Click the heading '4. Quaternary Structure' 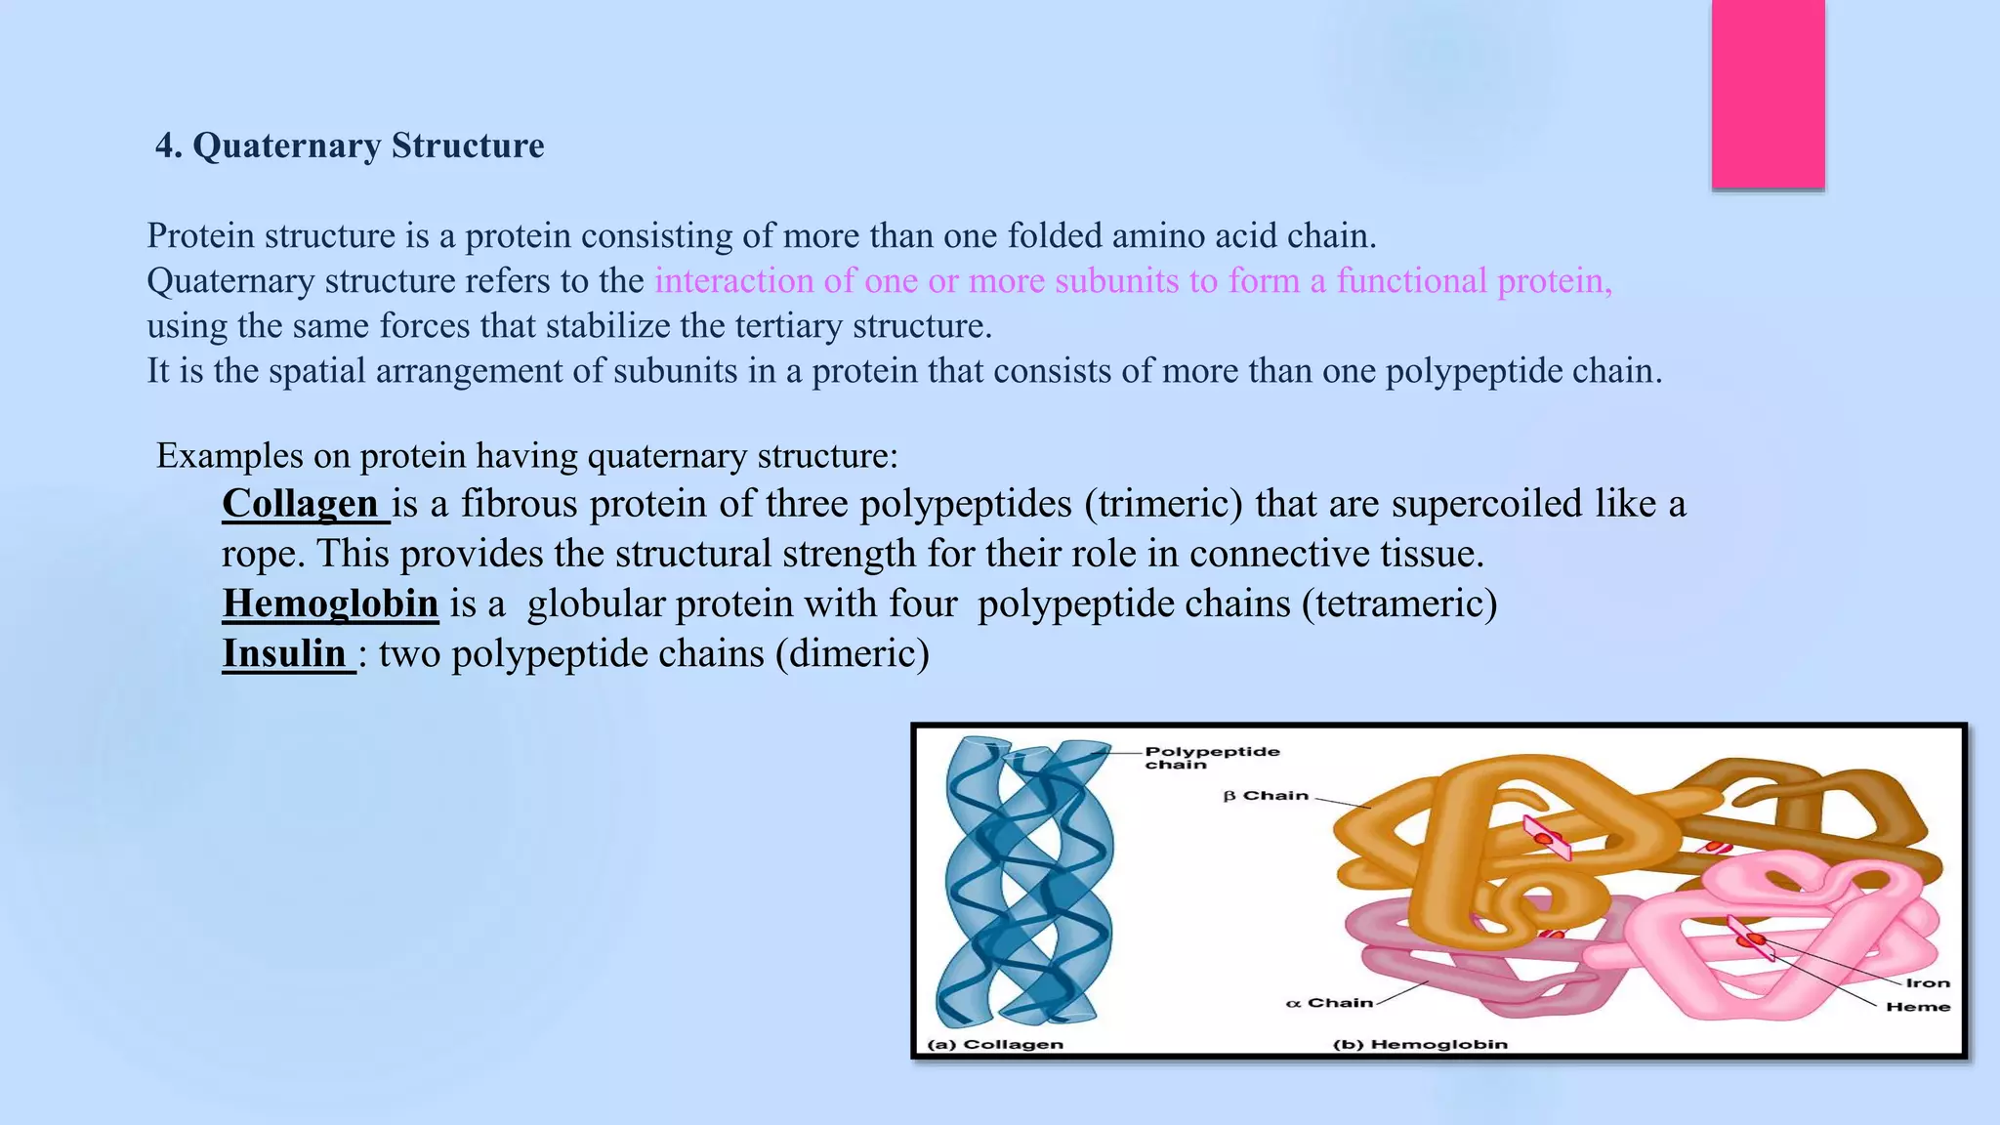coord(350,146)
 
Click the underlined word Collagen coord(300,504)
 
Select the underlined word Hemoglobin coord(330,604)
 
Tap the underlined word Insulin coord(284,653)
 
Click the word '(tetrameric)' coord(1398,604)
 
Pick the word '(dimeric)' coord(852,653)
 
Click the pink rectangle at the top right coord(1768,94)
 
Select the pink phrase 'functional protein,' coord(1474,281)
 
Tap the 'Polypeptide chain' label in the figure coord(1211,758)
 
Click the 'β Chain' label coord(1266,796)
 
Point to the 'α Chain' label coord(1329,1003)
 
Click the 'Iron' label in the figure coord(1927,983)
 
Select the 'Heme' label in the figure coord(1918,1007)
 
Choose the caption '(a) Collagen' coord(994,1044)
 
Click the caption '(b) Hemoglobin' coord(1420,1044)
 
